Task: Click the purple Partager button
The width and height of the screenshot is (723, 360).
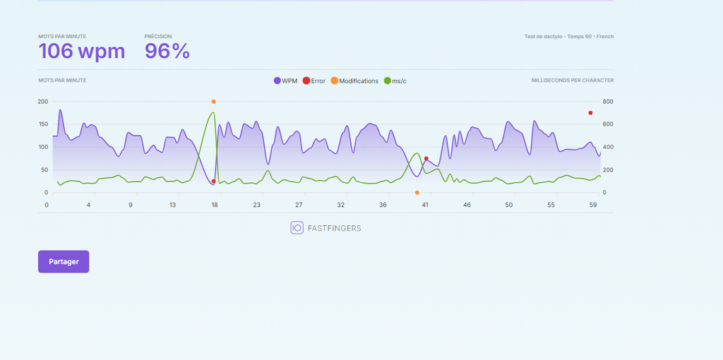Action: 64,261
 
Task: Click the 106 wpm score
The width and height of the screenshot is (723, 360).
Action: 82,51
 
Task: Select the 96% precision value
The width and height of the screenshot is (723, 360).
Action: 167,51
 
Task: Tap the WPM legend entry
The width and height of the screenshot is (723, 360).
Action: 285,80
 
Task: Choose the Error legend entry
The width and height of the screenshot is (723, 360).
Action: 314,80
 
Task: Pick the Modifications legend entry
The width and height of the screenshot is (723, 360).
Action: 354,80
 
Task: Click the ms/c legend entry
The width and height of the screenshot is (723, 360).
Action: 395,80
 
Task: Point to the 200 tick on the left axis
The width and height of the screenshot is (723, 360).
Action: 43,102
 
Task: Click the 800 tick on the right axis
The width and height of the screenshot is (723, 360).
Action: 608,102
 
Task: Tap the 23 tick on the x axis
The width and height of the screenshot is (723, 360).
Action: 256,205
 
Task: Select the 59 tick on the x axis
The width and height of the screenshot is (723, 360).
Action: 594,205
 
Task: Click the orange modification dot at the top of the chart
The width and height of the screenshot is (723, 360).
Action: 213,102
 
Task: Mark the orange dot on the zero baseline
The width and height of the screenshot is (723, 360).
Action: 417,193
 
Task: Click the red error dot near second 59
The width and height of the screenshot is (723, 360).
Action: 590,113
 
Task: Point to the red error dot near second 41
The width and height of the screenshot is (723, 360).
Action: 426,159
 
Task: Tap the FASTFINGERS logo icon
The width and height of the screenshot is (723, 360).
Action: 297,228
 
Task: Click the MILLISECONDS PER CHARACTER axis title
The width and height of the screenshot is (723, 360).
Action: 572,80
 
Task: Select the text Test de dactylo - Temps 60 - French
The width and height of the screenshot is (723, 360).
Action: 569,37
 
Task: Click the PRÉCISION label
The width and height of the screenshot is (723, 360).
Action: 158,37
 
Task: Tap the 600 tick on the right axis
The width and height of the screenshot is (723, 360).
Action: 608,124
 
